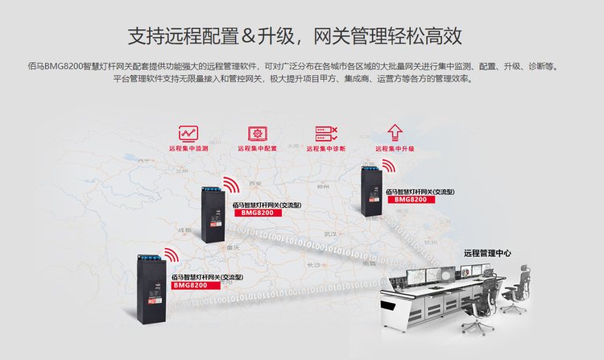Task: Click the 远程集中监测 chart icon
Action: coord(188,133)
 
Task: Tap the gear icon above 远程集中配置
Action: coord(258,133)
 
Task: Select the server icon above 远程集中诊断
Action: coord(326,133)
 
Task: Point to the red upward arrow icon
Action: coord(395,132)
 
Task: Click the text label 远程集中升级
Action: coord(395,149)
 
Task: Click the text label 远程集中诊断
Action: coord(326,149)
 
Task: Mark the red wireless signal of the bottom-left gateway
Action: coord(171,254)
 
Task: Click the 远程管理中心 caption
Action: coord(487,252)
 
